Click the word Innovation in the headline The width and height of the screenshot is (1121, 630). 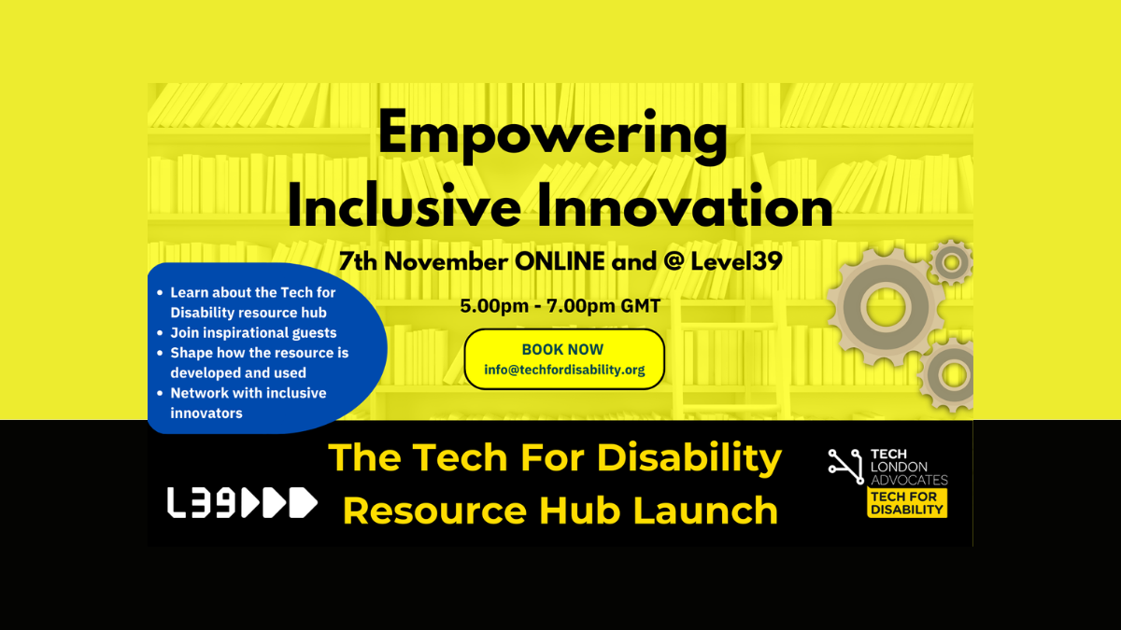685,206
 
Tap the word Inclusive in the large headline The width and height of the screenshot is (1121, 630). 404,206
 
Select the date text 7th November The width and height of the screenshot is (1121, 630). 423,261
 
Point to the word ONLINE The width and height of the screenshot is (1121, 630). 560,261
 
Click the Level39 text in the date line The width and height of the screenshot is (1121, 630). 736,261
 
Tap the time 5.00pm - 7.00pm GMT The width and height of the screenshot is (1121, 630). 560,306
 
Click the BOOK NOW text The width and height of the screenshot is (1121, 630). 562,349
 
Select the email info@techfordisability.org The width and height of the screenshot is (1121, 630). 564,370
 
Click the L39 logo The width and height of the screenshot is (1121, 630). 242,502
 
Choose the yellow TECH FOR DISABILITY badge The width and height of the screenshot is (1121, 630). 907,503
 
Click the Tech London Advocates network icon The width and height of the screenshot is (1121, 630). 845,467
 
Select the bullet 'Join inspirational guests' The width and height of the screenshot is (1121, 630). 253,333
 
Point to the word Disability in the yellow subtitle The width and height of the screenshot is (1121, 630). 689,459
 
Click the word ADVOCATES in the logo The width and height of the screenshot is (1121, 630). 909,480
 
